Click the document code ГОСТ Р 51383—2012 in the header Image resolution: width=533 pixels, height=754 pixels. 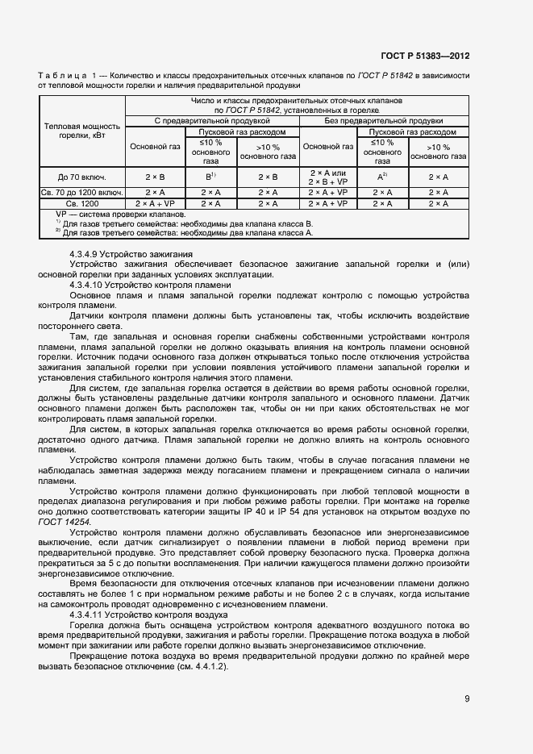tap(425, 56)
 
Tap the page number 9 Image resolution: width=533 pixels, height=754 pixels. tap(467, 699)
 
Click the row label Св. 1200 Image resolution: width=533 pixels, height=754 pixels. tap(82, 204)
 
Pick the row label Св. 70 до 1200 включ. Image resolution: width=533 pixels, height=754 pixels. tap(82, 193)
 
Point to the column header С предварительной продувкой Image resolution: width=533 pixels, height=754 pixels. tap(212, 120)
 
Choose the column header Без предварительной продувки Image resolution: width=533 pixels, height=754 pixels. tap(385, 120)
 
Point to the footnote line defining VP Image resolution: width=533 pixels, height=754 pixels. tap(120, 215)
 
